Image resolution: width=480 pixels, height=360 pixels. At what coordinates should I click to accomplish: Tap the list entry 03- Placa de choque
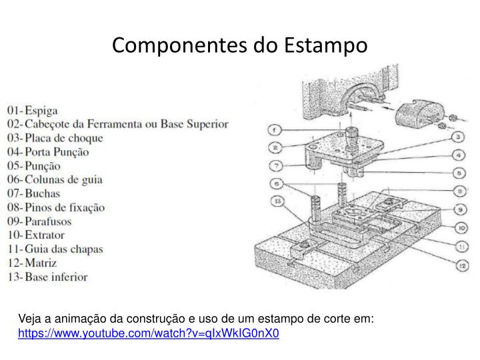55,138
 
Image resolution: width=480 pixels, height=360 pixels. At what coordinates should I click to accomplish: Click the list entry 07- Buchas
38,193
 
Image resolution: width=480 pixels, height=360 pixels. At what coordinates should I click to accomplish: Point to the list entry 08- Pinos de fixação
56,207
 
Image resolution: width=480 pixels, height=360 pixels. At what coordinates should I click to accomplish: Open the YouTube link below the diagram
149,333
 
